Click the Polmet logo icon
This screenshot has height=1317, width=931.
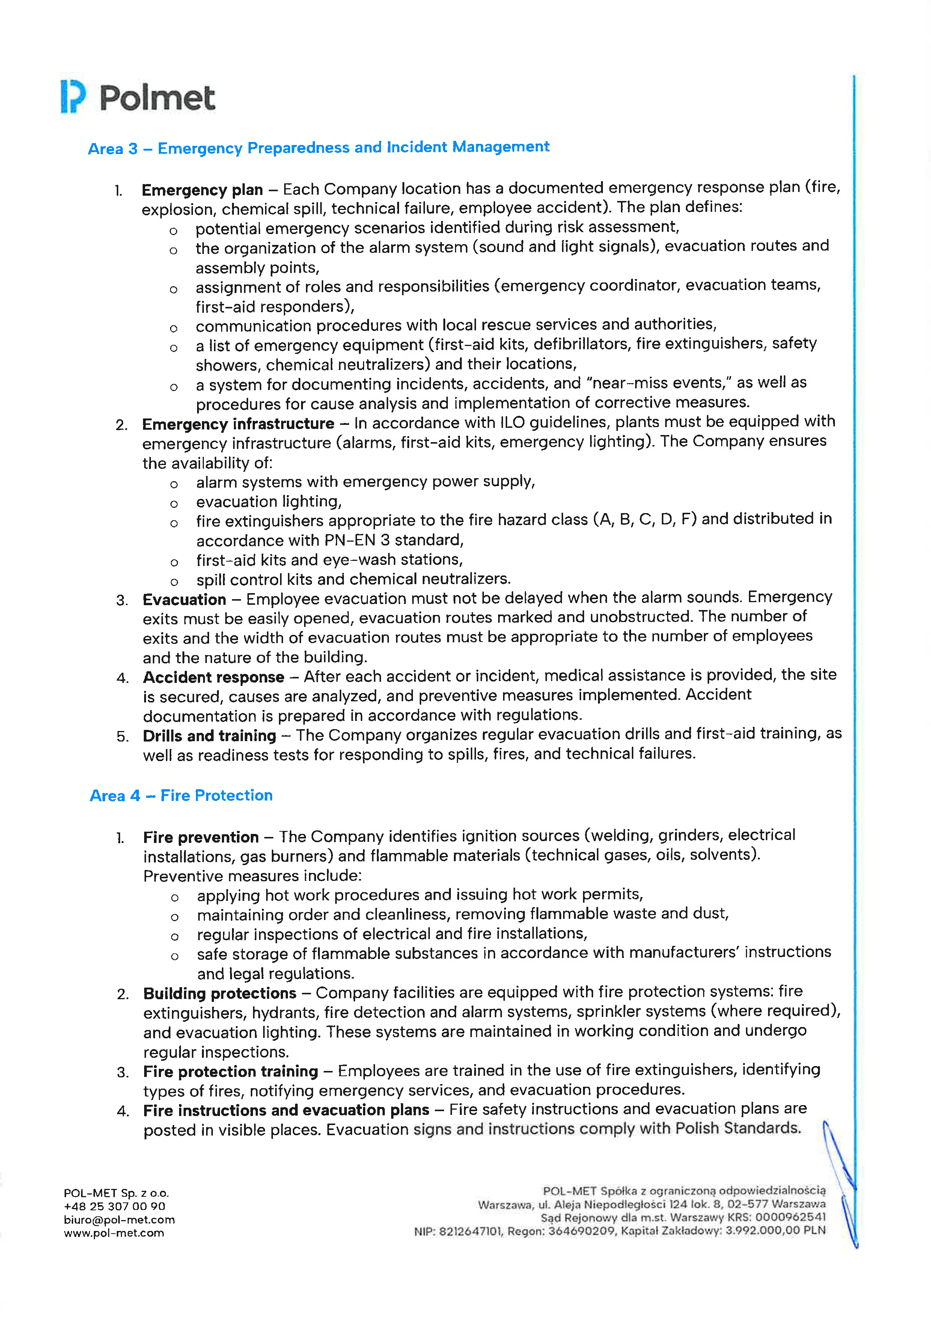[x=73, y=97]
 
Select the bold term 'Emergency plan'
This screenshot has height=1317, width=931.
[x=202, y=190]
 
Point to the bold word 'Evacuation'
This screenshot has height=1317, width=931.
[x=184, y=600]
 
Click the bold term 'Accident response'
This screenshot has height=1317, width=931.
[x=213, y=677]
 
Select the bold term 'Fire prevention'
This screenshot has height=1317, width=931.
[x=200, y=837]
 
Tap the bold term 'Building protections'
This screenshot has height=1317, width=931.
[x=220, y=994]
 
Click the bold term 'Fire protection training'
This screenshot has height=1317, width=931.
[x=230, y=1071]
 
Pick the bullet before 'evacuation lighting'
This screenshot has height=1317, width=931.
[x=174, y=504]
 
